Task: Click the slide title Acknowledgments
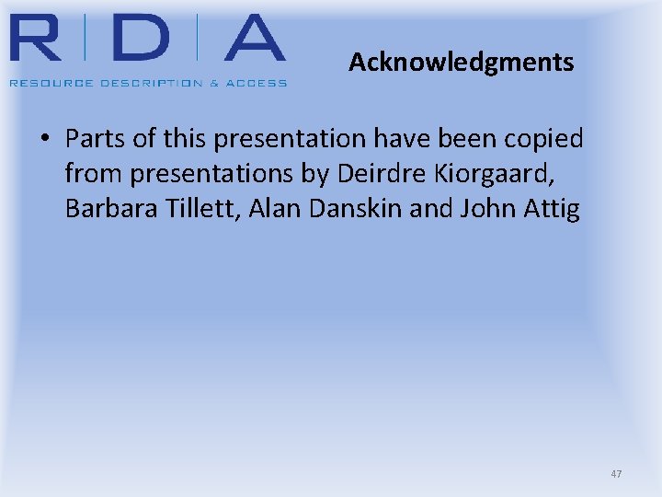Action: (x=461, y=63)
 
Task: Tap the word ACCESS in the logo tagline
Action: (x=257, y=83)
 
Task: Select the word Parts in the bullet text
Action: (x=93, y=139)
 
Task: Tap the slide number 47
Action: (x=616, y=474)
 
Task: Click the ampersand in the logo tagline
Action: (x=214, y=83)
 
